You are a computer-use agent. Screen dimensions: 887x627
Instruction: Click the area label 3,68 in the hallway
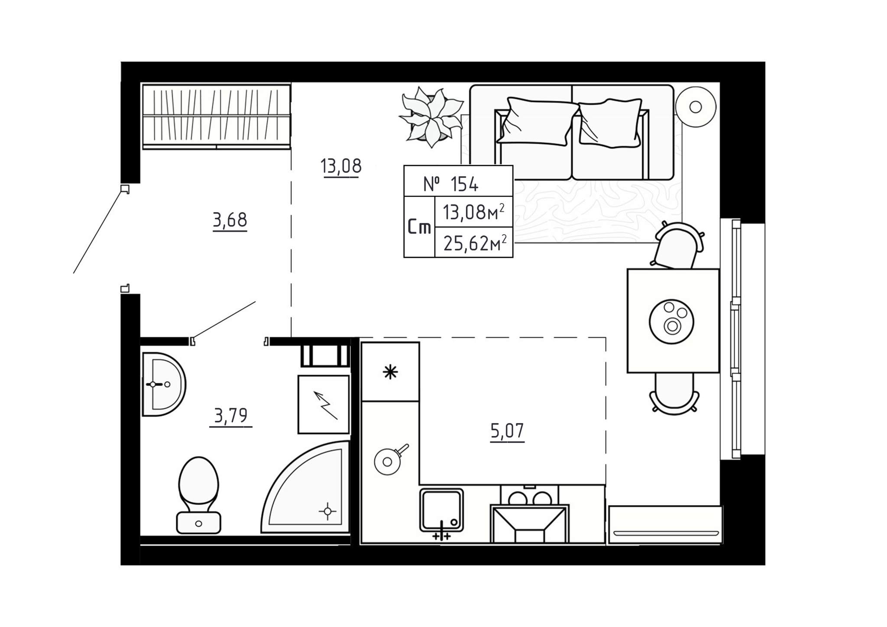pyautogui.click(x=230, y=220)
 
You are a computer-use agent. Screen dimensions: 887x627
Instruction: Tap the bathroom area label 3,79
pyautogui.click(x=231, y=416)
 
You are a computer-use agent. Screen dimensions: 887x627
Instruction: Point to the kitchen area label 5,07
pyautogui.click(x=507, y=431)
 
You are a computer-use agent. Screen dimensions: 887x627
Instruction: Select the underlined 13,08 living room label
pyautogui.click(x=341, y=166)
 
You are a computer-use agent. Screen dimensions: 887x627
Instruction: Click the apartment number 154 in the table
pyautogui.click(x=464, y=184)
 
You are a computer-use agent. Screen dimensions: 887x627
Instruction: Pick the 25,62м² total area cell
pyautogui.click(x=475, y=243)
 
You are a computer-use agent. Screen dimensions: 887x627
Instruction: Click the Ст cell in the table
pyautogui.click(x=419, y=227)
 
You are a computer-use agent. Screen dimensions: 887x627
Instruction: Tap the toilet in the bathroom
pyautogui.click(x=199, y=495)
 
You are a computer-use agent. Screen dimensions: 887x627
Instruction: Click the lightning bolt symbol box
pyautogui.click(x=324, y=404)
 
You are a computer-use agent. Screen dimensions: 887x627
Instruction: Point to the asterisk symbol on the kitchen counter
pyautogui.click(x=390, y=372)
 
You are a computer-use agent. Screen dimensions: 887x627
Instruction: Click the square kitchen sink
pyautogui.click(x=441, y=511)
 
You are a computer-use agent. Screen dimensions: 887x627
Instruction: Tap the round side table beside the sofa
pyautogui.click(x=695, y=107)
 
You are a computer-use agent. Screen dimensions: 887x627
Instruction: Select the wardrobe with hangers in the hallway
pyautogui.click(x=216, y=116)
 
